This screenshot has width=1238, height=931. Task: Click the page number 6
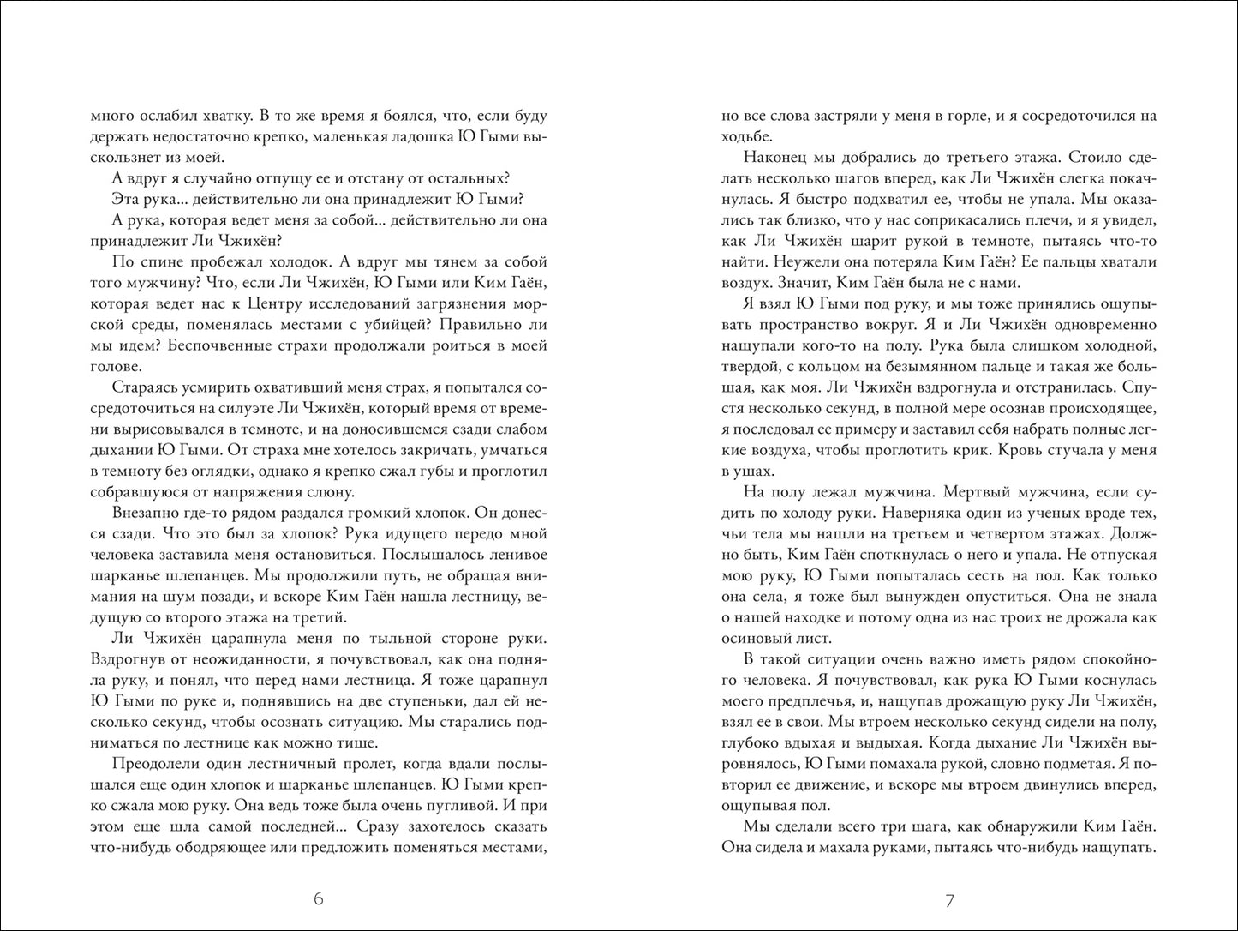[318, 899]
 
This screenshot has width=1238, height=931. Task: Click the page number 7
[949, 900]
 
